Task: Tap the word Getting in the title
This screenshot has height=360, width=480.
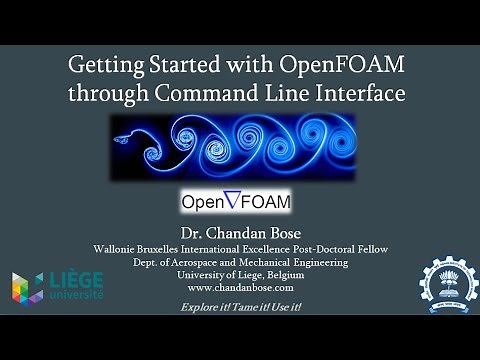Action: pyautogui.click(x=106, y=67)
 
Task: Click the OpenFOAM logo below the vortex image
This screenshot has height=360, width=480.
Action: pyautogui.click(x=237, y=201)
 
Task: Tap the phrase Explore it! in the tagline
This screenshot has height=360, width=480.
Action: pyautogui.click(x=204, y=306)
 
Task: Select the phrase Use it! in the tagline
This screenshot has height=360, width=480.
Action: pyautogui.click(x=283, y=306)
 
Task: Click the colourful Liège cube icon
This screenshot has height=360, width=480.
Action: pyautogui.click(x=26, y=286)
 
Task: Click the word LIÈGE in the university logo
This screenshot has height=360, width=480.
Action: pyautogui.click(x=68, y=279)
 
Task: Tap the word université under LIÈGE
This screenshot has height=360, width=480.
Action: pyautogui.click(x=68, y=295)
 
